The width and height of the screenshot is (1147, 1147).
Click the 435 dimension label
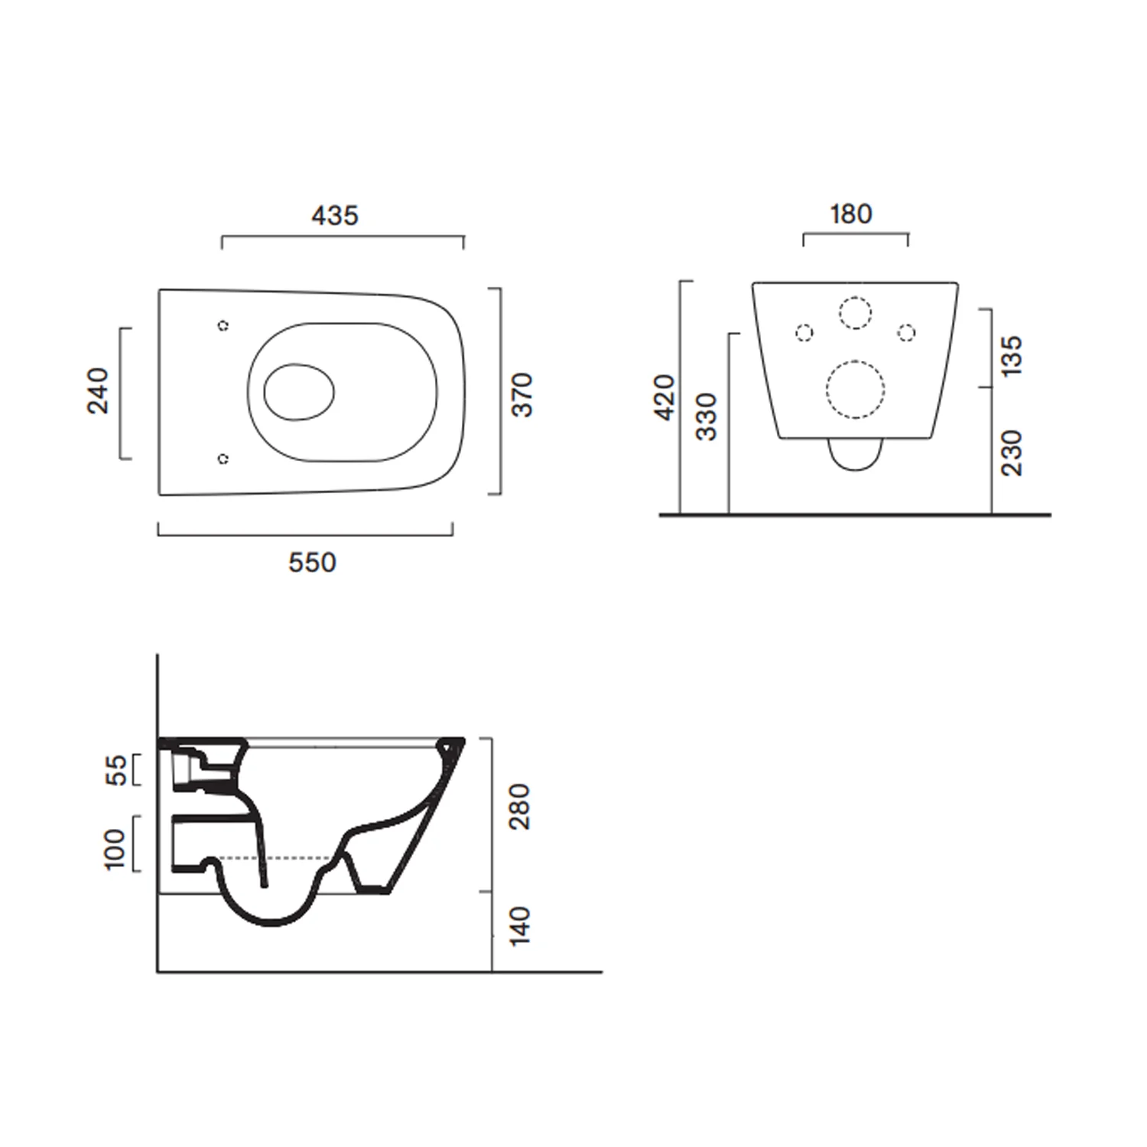pyautogui.click(x=335, y=216)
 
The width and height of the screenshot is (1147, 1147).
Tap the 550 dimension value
pyautogui.click(x=312, y=563)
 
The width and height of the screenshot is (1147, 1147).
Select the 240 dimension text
pyautogui.click(x=98, y=391)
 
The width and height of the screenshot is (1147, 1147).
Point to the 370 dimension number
pyautogui.click(x=522, y=395)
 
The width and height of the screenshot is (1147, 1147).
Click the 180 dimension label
pyautogui.click(x=851, y=214)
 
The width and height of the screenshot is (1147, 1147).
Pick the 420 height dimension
pyautogui.click(x=665, y=397)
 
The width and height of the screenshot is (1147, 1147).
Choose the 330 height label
pyautogui.click(x=707, y=417)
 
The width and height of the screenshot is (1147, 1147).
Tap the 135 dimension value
pyautogui.click(x=1011, y=355)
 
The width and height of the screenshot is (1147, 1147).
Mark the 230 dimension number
pyautogui.click(x=1011, y=453)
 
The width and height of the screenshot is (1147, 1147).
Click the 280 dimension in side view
pyautogui.click(x=519, y=807)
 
